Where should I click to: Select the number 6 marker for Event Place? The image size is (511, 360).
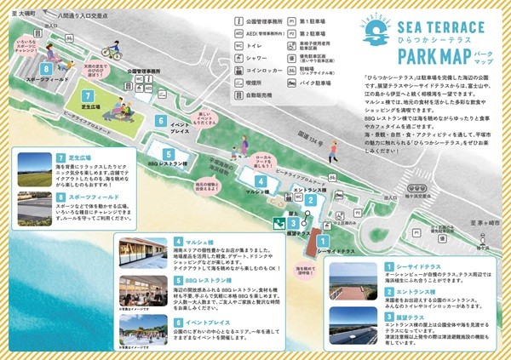160,122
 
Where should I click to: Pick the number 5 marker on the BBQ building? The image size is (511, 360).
169,154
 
